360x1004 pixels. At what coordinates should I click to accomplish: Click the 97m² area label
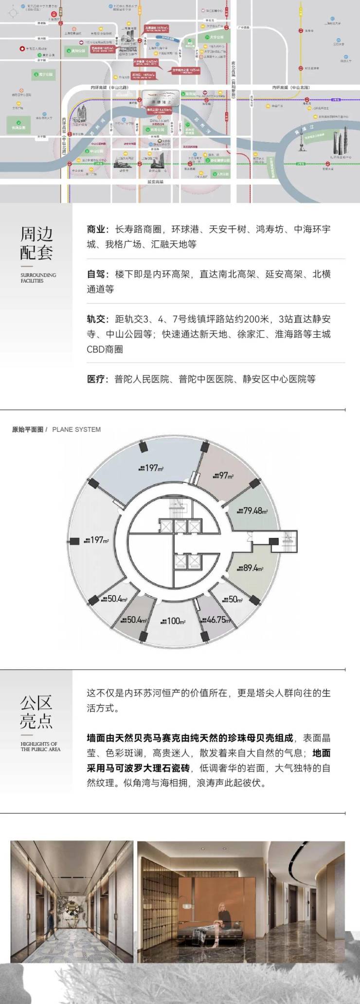(223, 475)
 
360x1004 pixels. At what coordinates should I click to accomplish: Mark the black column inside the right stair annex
(274, 541)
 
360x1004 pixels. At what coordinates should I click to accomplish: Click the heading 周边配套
(36, 243)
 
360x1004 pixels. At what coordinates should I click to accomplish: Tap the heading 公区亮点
(36, 712)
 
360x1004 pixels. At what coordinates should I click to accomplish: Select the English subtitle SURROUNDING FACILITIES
(38, 278)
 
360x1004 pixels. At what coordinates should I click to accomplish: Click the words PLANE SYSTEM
(76, 429)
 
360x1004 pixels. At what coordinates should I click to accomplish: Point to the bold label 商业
(96, 229)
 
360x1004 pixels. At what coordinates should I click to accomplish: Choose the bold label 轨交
(96, 319)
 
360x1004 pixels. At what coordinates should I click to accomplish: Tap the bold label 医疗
(96, 379)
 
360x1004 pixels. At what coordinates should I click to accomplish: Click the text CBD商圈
(105, 349)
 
